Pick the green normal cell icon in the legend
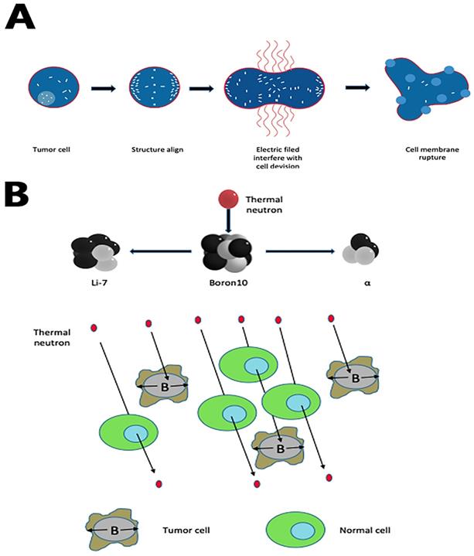295,530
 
